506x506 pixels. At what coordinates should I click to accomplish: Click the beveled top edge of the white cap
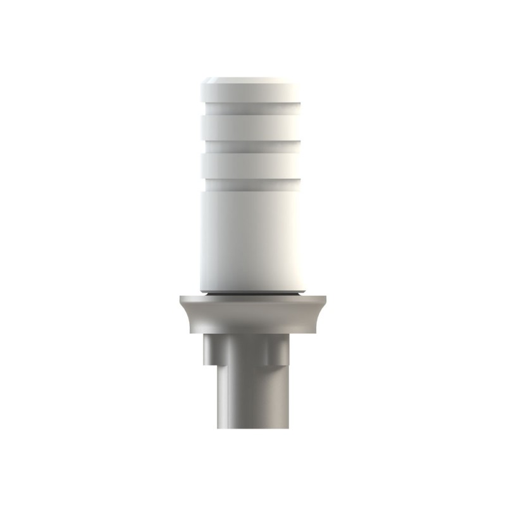[251, 80]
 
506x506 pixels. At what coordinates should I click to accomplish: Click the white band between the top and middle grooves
[251, 127]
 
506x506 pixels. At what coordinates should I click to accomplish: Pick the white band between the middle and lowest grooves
[251, 165]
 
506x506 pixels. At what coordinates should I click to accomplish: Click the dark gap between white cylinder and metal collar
[251, 294]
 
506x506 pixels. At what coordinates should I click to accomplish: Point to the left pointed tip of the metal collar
[181, 299]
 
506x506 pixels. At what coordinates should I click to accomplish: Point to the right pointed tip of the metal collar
[323, 299]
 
